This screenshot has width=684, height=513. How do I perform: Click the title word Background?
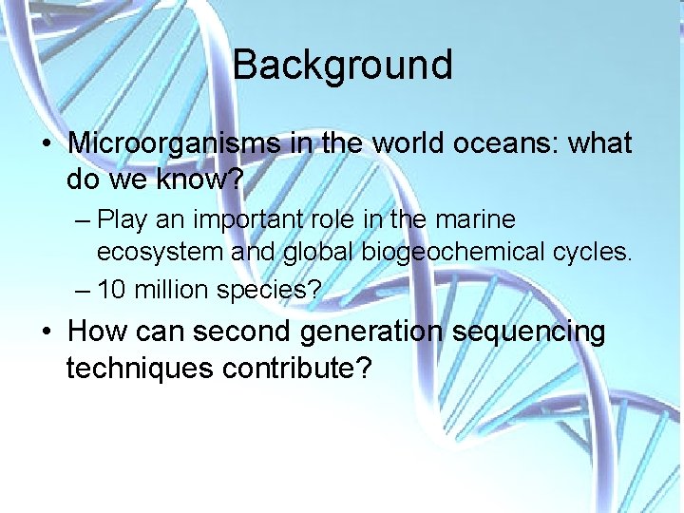[342, 66]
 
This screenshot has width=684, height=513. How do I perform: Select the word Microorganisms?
[174, 143]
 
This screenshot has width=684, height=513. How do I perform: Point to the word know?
[202, 178]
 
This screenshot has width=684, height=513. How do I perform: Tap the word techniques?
[140, 367]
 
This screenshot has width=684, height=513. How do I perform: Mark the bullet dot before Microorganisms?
[46, 144]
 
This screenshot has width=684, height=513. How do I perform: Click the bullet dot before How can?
[46, 332]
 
